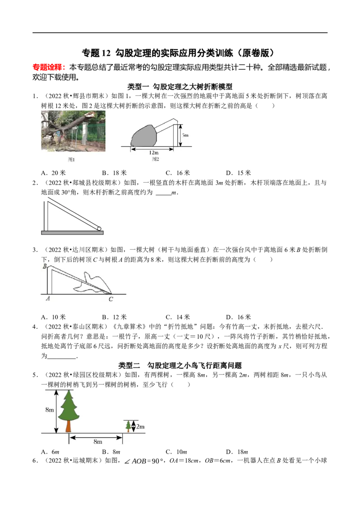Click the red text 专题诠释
pyautogui.click(x=47, y=67)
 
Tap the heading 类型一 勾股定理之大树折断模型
pyautogui.click(x=180, y=86)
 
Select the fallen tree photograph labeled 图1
pyautogui.click(x=73, y=131)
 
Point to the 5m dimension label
pyautogui.click(x=185, y=135)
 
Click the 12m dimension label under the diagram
pyautogui.click(x=154, y=152)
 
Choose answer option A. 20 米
pyautogui.click(x=53, y=173)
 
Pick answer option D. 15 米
pyautogui.click(x=238, y=173)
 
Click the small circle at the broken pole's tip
pyautogui.click(x=99, y=228)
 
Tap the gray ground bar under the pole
pyautogui.click(x=72, y=233)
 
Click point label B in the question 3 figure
pyautogui.click(x=45, y=267)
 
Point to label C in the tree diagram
pyautogui.click(x=111, y=299)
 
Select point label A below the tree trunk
pyautogui.click(x=48, y=298)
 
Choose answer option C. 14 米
pyautogui.click(x=178, y=317)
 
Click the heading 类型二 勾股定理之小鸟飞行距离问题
pyautogui.click(x=180, y=365)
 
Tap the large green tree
pyautogui.click(x=68, y=411)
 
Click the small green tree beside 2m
pyautogui.click(x=129, y=426)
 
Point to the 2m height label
pyautogui.click(x=140, y=427)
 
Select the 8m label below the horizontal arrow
pyautogui.click(x=98, y=442)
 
